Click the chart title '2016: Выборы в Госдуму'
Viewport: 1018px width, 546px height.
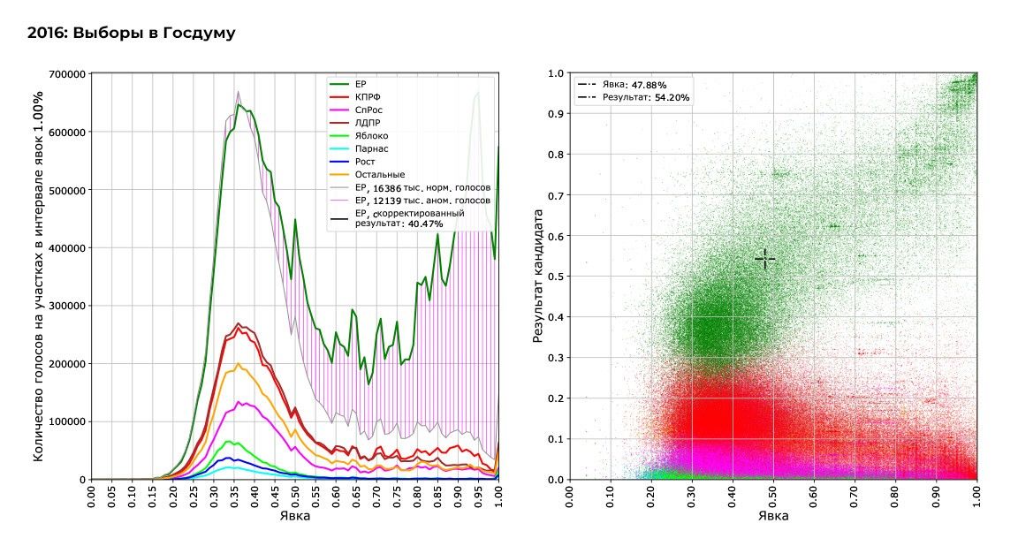click(131, 33)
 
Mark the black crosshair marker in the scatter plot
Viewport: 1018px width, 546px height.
click(764, 259)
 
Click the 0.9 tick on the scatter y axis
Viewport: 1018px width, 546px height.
click(555, 114)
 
